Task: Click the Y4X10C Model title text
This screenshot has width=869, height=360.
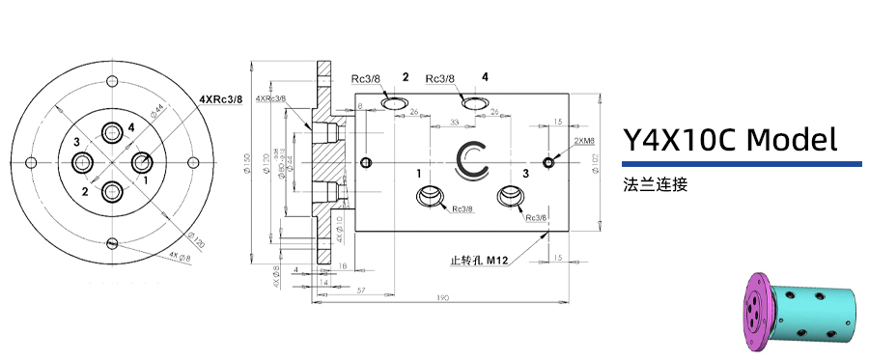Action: pos(729,141)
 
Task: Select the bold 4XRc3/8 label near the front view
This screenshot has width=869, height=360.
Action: pos(220,98)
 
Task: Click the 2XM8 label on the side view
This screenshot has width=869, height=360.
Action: pos(584,141)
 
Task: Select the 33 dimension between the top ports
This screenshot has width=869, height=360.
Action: pos(455,123)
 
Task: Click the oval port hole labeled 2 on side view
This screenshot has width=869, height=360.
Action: pos(395,102)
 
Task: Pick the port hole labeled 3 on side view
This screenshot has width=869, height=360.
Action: pos(512,197)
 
